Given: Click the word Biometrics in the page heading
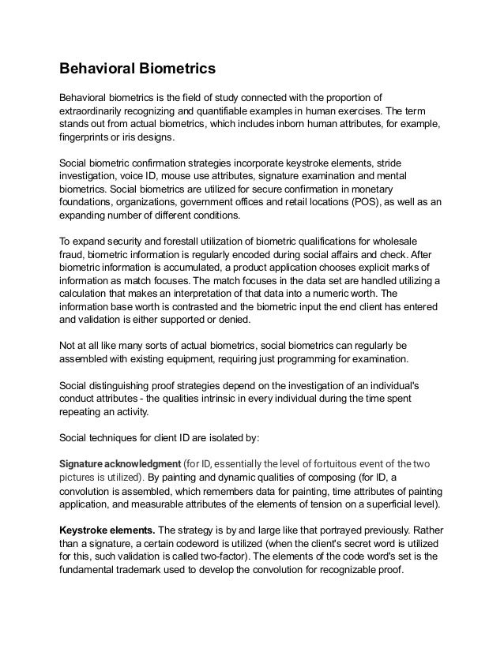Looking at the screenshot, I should [175, 69].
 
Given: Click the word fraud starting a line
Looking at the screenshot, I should [72, 255].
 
